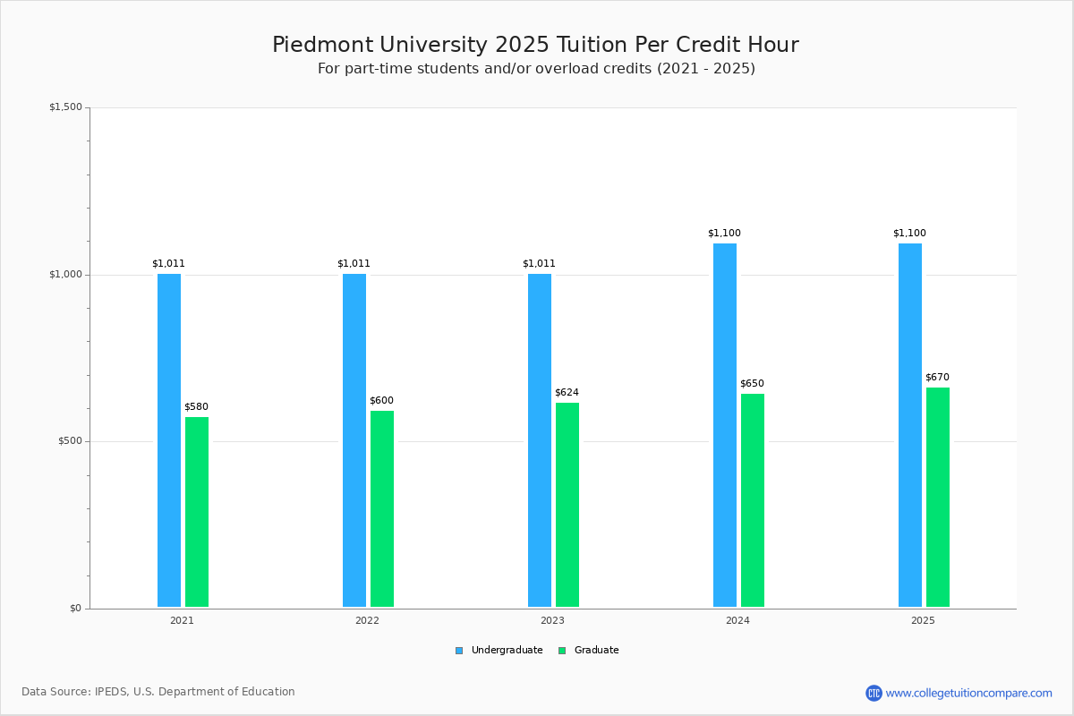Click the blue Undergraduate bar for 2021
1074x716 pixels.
169,440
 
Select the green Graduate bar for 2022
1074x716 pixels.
382,509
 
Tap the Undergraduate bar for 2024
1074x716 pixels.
725,425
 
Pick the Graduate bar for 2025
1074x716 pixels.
938,498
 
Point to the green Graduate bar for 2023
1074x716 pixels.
567,505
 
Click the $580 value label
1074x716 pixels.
197,406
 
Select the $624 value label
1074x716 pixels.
567,392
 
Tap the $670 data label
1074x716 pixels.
937,377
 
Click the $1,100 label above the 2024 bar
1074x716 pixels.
724,233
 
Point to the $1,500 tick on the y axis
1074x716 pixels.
65,107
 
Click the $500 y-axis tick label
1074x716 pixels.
71,441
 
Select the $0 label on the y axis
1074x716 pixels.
76,609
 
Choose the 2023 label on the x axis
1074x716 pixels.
552,620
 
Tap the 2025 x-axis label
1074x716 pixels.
923,620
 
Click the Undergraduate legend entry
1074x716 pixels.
507,651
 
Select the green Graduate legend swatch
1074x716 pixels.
562,651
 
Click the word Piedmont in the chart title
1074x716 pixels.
323,45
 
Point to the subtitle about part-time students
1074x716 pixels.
536,69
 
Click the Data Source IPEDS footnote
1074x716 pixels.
158,692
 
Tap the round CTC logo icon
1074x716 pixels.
874,693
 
